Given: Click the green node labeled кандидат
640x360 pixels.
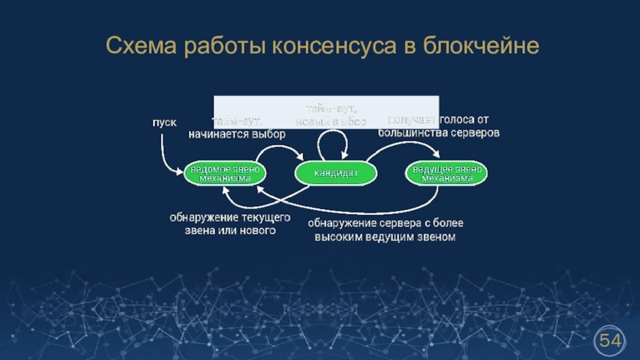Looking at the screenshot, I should (335, 173).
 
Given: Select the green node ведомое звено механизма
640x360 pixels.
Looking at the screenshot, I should (225, 174).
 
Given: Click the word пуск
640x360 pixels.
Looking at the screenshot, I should (165, 122).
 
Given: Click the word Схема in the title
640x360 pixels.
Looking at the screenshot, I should (142, 49).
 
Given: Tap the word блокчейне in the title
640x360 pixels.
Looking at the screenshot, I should (479, 49).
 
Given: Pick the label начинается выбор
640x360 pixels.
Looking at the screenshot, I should (237, 134).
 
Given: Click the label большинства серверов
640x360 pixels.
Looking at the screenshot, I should (439, 132).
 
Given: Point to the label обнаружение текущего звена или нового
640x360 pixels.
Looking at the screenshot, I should (230, 223).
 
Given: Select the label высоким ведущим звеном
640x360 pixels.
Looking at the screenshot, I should (385, 237).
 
